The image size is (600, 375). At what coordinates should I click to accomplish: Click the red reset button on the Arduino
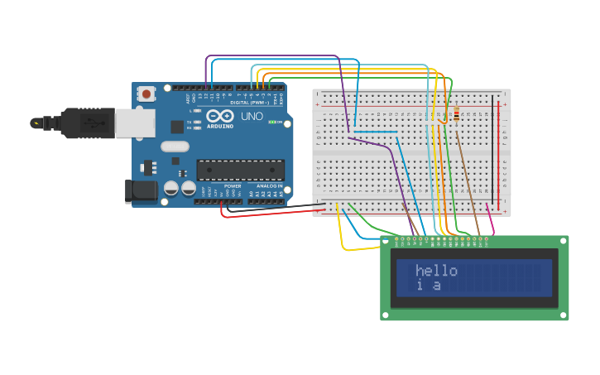coord(146,94)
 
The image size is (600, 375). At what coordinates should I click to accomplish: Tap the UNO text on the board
coord(252,117)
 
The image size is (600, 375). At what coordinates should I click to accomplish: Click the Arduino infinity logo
coord(221,116)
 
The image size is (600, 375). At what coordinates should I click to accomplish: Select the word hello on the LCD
coord(436,271)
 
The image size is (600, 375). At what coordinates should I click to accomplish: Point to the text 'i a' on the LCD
coord(428,286)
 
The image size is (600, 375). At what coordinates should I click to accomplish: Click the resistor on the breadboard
coord(457,113)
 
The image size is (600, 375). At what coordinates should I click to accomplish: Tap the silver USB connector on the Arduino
coord(134,123)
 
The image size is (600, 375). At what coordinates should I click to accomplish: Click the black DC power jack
coord(142,190)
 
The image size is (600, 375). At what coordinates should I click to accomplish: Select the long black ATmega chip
coord(240,170)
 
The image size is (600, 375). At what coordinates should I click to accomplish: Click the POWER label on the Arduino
coord(233,186)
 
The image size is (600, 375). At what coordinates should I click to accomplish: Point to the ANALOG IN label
coord(269,186)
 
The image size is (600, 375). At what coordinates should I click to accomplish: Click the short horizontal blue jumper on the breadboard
coord(376,132)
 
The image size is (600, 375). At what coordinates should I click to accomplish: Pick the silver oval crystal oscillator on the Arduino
coord(175,147)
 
